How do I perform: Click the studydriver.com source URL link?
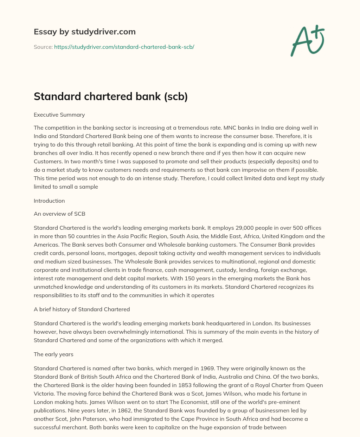pyautogui.click(x=124, y=47)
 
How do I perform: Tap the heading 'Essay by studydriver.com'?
pyautogui.click(x=84, y=32)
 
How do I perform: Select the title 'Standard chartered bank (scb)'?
pyautogui.click(x=110, y=97)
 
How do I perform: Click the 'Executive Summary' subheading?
pyautogui.click(x=59, y=115)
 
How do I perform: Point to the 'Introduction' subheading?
pyautogui.click(x=49, y=201)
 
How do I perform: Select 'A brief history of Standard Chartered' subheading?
pyautogui.click(x=82, y=309)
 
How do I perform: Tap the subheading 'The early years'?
pyautogui.click(x=53, y=354)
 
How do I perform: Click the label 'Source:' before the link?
pyautogui.click(x=43, y=47)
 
